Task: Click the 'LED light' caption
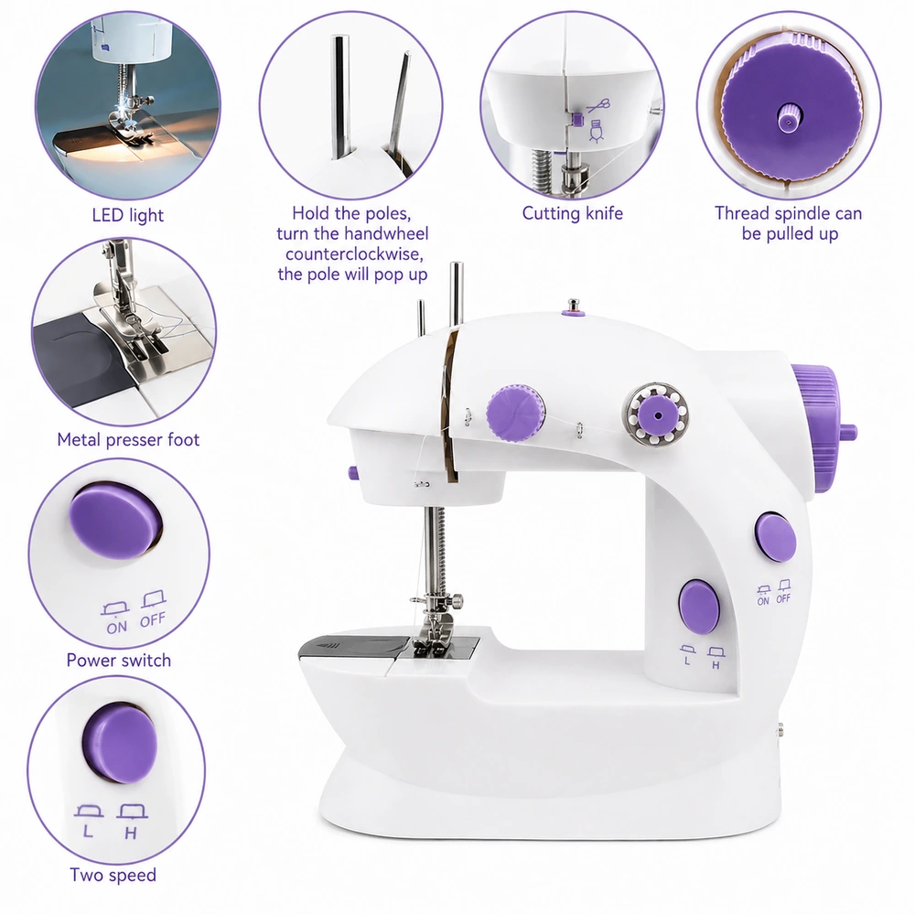[x=128, y=215]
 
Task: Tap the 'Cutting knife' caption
[x=573, y=213]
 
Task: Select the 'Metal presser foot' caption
[x=128, y=439]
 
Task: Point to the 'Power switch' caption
[x=118, y=660]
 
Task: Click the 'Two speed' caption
[x=113, y=875]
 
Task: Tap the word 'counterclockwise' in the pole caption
[x=354, y=254]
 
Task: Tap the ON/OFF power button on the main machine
[x=775, y=537]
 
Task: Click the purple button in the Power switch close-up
[x=115, y=521]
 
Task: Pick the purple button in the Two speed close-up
[x=120, y=742]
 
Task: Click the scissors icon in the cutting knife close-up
[x=598, y=105]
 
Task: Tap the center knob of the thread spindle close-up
[x=789, y=118]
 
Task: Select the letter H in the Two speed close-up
[x=131, y=833]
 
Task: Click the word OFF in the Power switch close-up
[x=153, y=619]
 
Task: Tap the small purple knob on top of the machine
[x=574, y=308]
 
